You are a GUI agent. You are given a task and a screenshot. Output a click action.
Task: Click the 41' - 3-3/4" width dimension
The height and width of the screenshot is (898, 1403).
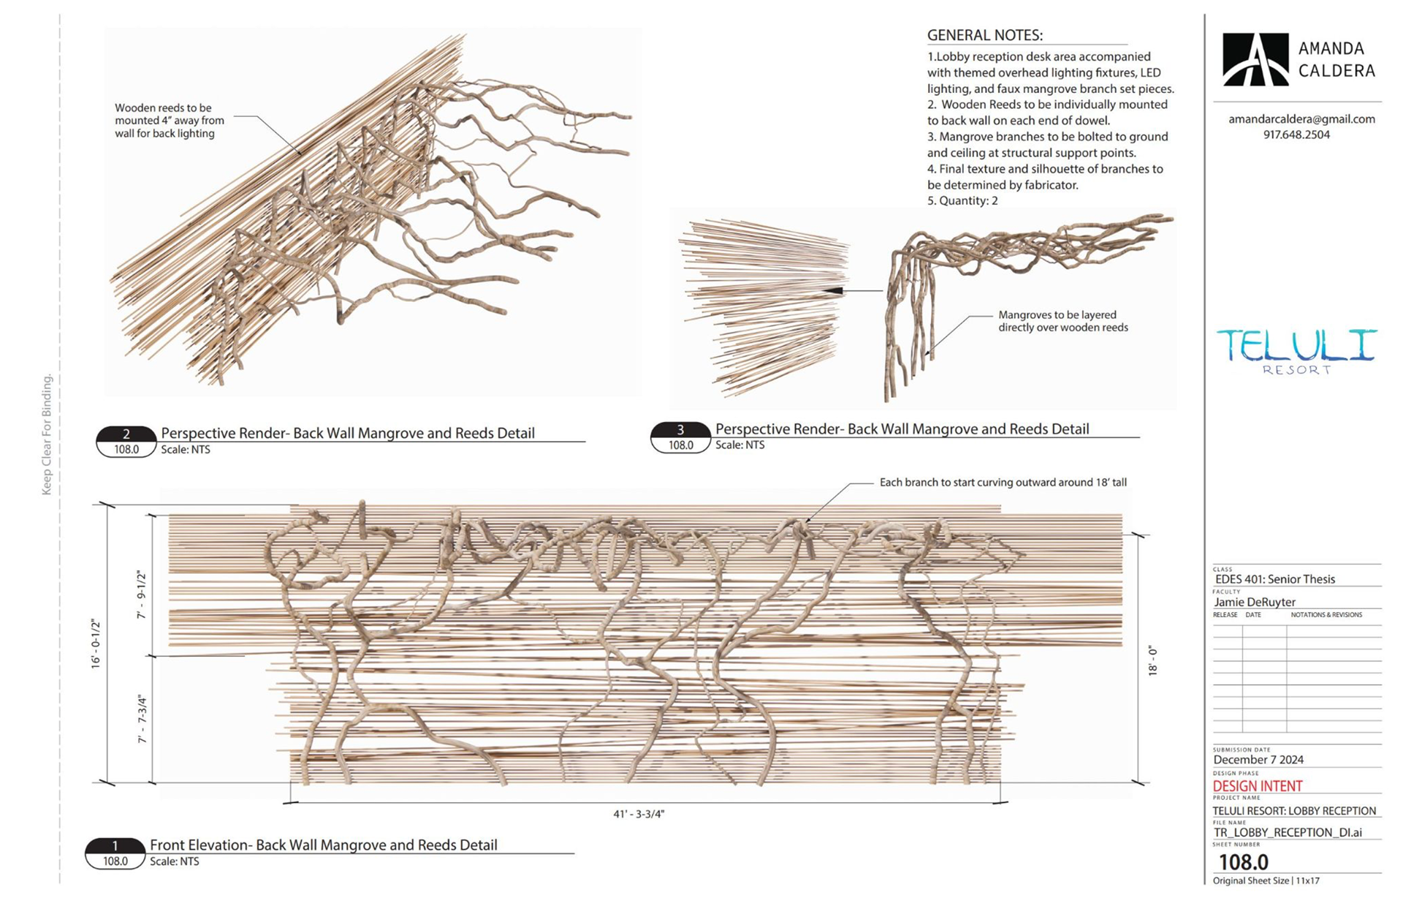click(x=639, y=814)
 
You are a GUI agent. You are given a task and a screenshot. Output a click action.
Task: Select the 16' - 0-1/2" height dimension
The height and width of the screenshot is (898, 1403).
click(x=96, y=644)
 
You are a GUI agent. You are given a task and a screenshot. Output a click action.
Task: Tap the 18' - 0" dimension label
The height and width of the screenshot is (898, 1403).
click(x=1152, y=660)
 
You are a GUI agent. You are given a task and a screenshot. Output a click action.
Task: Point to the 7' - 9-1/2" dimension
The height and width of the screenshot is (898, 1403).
click(x=142, y=595)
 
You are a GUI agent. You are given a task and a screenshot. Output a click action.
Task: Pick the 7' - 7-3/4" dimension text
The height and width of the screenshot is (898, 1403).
click(x=142, y=720)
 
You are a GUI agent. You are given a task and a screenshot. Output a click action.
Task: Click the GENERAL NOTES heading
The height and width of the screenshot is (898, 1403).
click(x=984, y=35)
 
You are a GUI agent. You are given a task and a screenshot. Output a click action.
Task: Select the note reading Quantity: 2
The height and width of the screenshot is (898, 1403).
click(x=962, y=200)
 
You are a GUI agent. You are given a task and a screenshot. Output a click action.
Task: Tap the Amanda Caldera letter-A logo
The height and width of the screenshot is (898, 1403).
click(x=1255, y=60)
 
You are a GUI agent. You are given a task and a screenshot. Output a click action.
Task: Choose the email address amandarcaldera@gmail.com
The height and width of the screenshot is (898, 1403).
click(x=1301, y=118)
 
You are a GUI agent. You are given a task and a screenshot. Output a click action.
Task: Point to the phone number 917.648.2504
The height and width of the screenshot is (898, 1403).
click(x=1296, y=135)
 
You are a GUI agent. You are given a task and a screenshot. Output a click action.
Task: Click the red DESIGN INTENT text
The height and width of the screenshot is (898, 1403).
click(x=1257, y=786)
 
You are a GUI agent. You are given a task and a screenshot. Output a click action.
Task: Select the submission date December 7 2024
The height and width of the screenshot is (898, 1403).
click(x=1258, y=760)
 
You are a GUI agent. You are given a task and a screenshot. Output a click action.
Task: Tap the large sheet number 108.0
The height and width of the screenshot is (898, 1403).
click(x=1243, y=862)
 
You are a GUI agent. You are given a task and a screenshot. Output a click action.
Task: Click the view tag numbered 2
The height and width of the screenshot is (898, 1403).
click(x=126, y=434)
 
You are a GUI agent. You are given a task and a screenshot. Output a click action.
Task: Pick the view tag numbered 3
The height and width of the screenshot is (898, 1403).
click(x=680, y=430)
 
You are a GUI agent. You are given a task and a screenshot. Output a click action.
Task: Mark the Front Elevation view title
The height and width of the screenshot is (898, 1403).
click(x=323, y=845)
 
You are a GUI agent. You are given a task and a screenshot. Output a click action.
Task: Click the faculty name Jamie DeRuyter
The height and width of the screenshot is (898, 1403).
click(x=1255, y=602)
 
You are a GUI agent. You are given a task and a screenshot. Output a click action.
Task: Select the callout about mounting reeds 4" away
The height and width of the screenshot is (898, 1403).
click(x=169, y=121)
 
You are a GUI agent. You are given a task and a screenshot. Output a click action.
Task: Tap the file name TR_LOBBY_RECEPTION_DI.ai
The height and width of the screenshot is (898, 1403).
click(x=1288, y=832)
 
